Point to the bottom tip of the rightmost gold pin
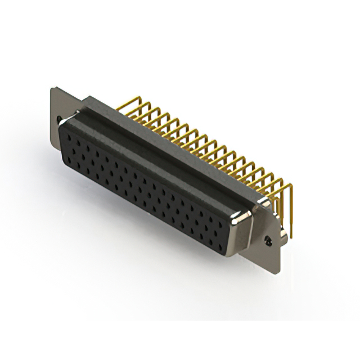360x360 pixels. click(x=291, y=236)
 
